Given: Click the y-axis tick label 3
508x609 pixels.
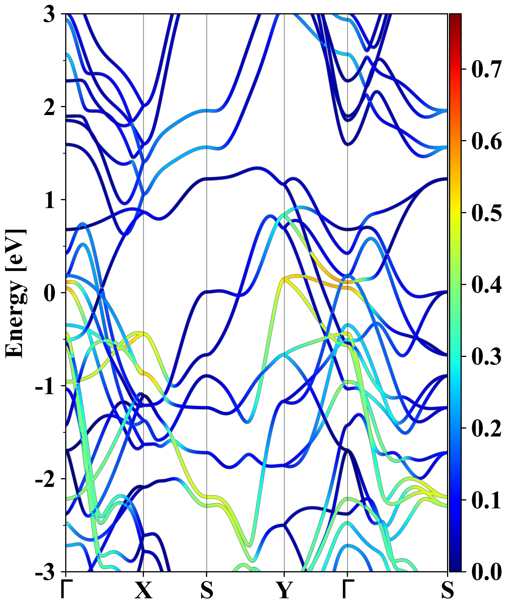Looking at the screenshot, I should tap(49, 14).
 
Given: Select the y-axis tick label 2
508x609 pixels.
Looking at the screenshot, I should tap(49, 107).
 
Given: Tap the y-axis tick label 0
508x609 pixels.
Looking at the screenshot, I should tap(49, 293).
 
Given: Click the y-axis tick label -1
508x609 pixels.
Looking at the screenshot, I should tap(45, 386).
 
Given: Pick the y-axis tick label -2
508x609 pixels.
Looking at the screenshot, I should tap(45, 479).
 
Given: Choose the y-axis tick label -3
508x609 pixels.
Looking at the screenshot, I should tap(45, 572).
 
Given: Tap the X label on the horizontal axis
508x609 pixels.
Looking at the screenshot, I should tap(143, 590).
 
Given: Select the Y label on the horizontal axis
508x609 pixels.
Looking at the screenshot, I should tap(284, 590).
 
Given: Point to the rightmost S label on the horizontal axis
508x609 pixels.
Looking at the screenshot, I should tap(447, 590).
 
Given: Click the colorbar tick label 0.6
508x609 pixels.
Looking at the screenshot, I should tap(487, 141).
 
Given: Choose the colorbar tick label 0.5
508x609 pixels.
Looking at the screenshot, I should tap(487, 213).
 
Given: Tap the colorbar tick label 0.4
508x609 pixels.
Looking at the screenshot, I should tap(487, 284).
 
